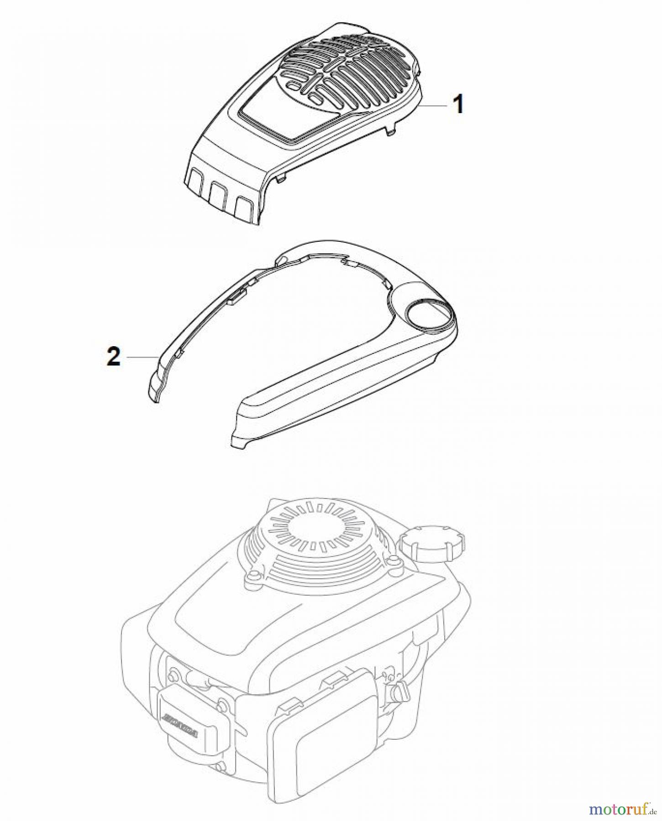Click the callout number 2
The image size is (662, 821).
(x=113, y=356)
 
